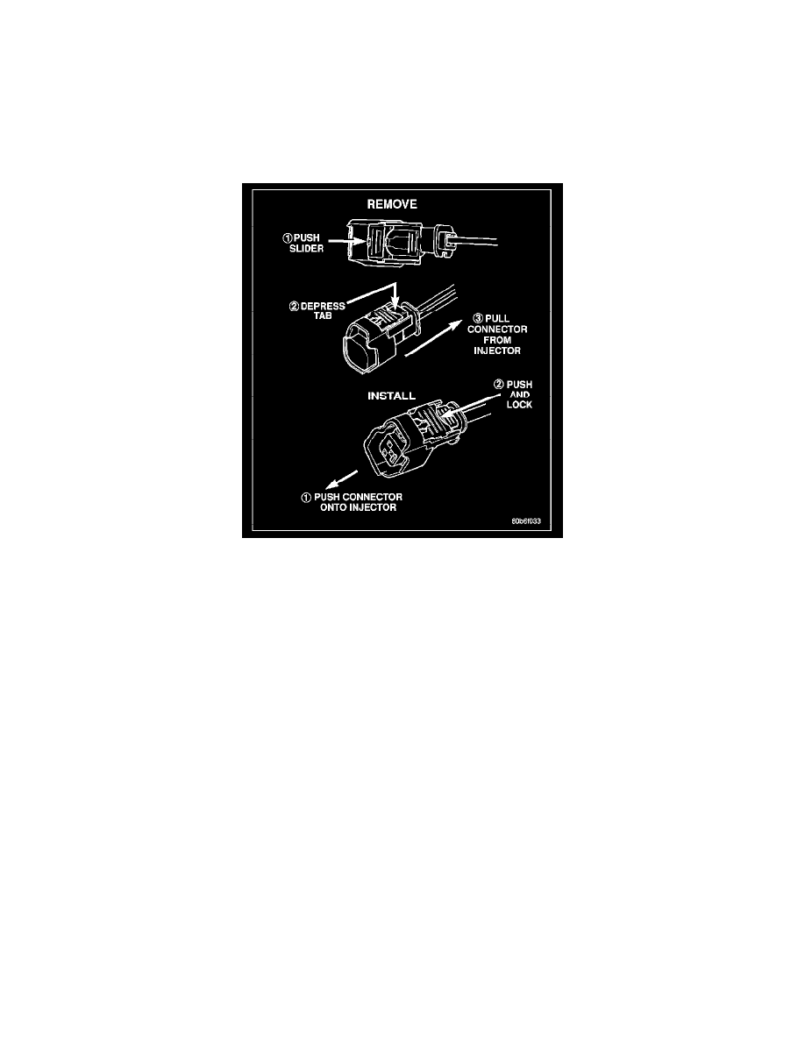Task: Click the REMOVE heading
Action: [x=392, y=204]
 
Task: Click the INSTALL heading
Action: [x=391, y=396]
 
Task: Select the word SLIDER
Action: [x=306, y=248]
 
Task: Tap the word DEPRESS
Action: [x=323, y=306]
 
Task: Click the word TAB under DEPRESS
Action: [x=323, y=316]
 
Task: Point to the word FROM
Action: [x=497, y=340]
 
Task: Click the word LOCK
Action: [x=519, y=405]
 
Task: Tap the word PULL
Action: [x=497, y=319]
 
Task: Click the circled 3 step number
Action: [x=478, y=319]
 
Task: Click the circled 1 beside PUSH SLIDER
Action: [x=288, y=237]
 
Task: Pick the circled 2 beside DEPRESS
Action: [x=295, y=306]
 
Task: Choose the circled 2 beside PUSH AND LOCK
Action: [x=499, y=385]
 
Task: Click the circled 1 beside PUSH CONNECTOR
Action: [x=306, y=497]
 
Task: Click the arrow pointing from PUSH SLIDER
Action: [x=346, y=243]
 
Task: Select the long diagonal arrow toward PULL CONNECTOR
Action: [x=434, y=338]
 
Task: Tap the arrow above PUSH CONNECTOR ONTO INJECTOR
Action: [x=341, y=480]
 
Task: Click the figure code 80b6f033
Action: [x=526, y=521]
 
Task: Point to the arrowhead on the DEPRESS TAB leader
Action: [x=395, y=305]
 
